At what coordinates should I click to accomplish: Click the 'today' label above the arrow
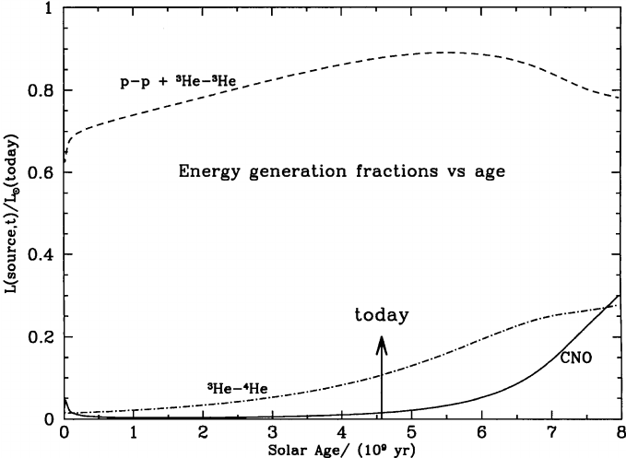pyautogui.click(x=382, y=315)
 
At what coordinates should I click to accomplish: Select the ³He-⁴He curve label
pyautogui.click(x=238, y=389)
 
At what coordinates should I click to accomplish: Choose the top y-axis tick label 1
pyautogui.click(x=52, y=9)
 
